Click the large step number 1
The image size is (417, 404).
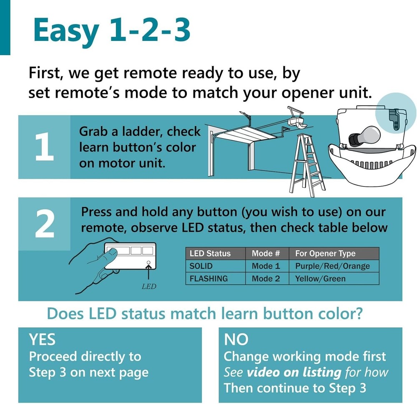[x=44, y=147]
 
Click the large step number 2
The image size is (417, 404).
[x=44, y=224]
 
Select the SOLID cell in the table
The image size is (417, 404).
[x=201, y=266]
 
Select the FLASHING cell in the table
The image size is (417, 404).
[x=208, y=278]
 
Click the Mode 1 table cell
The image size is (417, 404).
[x=266, y=266]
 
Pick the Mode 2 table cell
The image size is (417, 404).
[x=266, y=278]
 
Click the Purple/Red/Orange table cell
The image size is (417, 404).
[x=332, y=266]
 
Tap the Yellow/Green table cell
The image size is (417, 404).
[x=320, y=278]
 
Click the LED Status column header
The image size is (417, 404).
[x=210, y=253]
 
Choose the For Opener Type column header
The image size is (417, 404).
[x=325, y=253]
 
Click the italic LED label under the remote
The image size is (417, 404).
[x=149, y=287]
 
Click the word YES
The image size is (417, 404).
[x=42, y=340]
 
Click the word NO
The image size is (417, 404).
[x=236, y=340]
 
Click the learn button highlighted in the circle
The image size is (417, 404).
[x=394, y=118]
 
